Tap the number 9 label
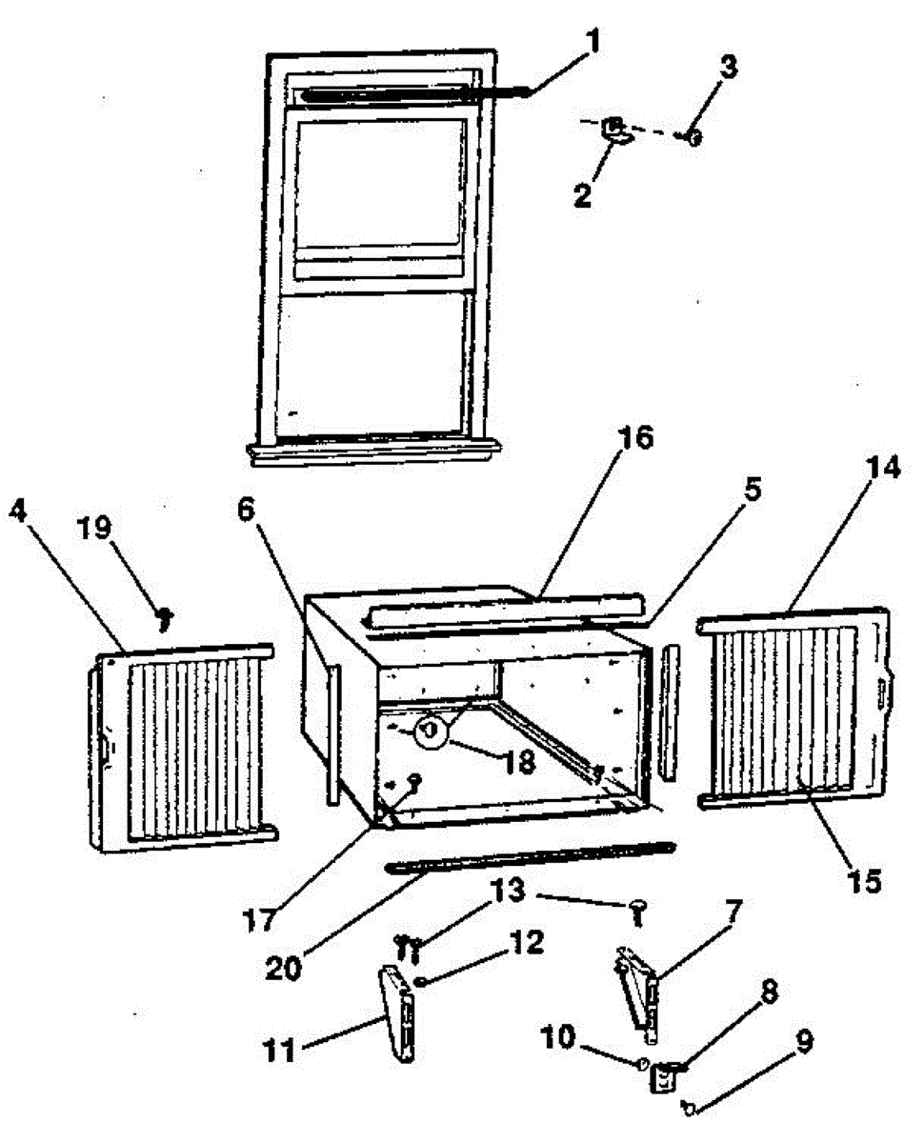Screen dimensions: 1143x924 [805, 1043]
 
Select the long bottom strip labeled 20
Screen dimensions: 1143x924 [529, 856]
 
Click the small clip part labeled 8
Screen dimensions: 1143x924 [663, 1077]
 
